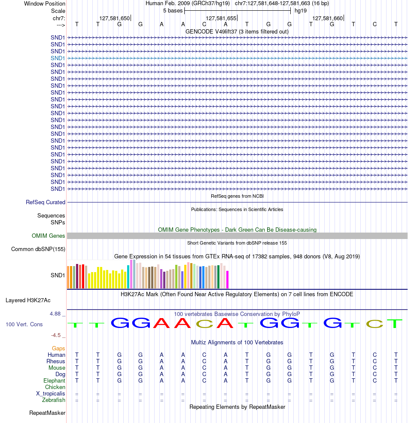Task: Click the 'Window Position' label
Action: pos(45,4)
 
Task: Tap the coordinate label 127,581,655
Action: pos(221,18)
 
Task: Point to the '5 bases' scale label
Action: pos(173,11)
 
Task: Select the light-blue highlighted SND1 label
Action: pos(58,58)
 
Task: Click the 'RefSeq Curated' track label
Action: pos(46,202)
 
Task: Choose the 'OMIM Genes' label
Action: pos(48,236)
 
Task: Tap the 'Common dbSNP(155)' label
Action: pos(38,249)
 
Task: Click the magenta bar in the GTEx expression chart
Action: pos(228,280)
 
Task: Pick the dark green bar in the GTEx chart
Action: pos(218,277)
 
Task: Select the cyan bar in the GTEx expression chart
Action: pos(128,277)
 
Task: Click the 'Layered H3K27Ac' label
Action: pos(28,300)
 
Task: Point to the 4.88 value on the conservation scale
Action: pos(55,314)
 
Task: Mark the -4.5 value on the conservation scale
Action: pos(56,335)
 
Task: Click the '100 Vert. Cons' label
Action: pos(24,324)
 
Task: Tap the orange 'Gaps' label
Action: pos(58,349)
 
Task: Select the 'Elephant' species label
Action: pos(54,380)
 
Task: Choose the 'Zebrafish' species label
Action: pos(54,400)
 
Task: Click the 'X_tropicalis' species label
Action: pos(51,394)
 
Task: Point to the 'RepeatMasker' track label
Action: pos(47,413)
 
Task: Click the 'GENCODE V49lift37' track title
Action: pos(211,31)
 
